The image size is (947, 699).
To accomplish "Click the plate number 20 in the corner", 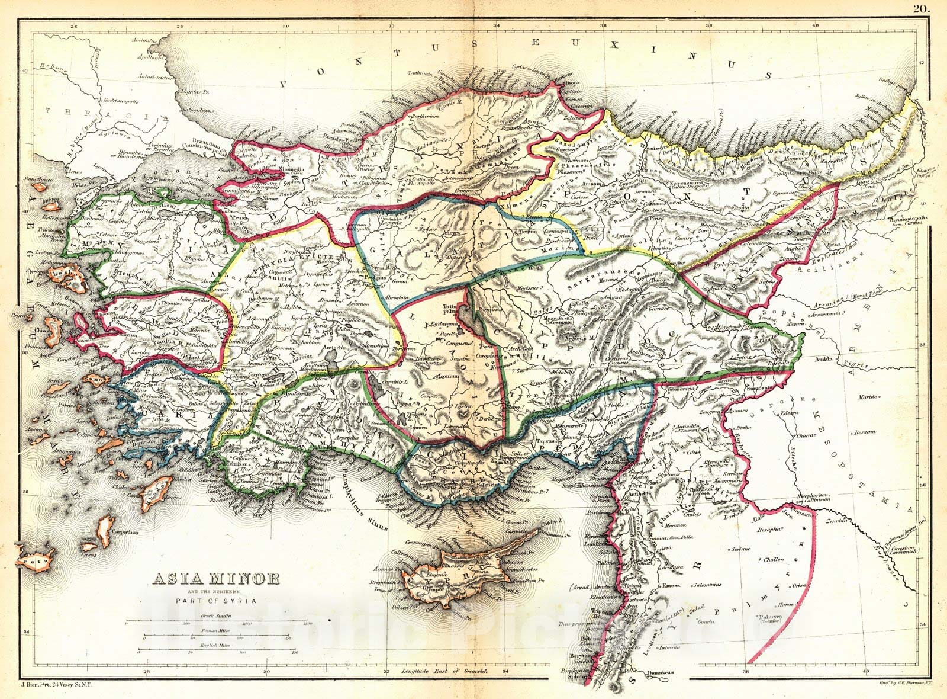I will point(921,8).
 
